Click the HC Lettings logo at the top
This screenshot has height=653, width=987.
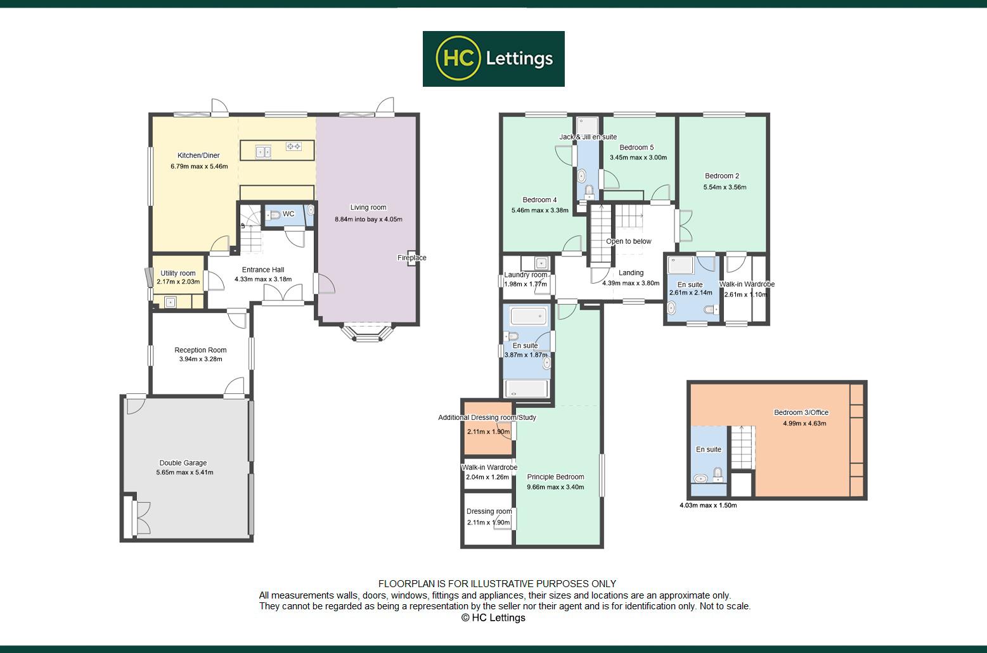pos(493,59)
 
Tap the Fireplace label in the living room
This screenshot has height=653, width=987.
pos(411,258)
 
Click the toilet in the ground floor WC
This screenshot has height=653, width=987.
pos(274,215)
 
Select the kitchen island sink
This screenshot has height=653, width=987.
pos(263,151)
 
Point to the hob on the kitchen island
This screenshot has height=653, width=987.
pos(294,146)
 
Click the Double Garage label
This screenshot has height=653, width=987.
pos(183,463)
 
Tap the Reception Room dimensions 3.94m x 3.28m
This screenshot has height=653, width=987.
pos(200,359)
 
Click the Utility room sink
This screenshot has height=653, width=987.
pos(171,303)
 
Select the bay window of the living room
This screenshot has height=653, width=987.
pos(366,333)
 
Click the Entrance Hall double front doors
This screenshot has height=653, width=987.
pos(283,293)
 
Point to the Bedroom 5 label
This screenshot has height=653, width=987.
pos(636,148)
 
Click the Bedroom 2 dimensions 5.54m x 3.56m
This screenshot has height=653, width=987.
pos(725,187)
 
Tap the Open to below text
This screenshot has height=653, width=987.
pos(628,241)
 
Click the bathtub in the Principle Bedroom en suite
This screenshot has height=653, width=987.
pos(529,315)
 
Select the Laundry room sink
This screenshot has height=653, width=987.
pos(541,263)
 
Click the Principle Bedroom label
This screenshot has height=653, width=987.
pos(555,477)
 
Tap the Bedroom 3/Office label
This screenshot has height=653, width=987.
pos(801,413)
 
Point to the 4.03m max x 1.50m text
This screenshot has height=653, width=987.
pos(707,505)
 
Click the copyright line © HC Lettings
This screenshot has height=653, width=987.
pos(493,618)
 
